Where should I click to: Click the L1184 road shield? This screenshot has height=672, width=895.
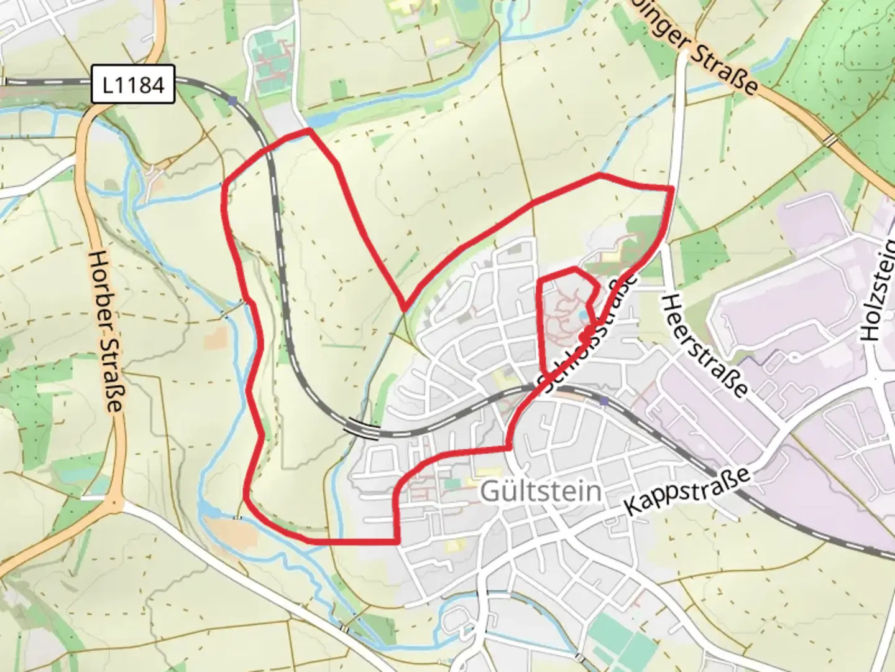click(x=133, y=84)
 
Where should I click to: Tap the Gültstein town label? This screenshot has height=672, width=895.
click(x=541, y=492)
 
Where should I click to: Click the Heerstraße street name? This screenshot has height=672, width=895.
click(x=704, y=346)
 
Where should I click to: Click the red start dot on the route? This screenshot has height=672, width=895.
click(x=584, y=337)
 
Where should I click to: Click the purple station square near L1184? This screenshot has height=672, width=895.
click(x=232, y=100)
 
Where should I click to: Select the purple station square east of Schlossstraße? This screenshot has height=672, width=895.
click(x=604, y=401)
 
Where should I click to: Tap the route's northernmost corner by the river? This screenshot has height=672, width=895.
click(x=309, y=130)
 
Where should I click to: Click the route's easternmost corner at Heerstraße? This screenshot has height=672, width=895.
click(x=672, y=187)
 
